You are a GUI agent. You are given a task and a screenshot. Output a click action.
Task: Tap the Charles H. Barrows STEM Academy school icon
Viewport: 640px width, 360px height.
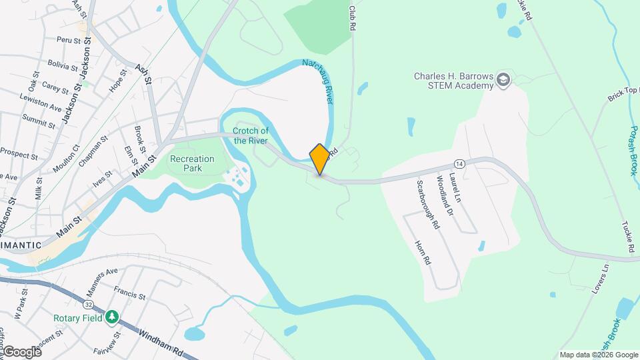[x=503, y=81]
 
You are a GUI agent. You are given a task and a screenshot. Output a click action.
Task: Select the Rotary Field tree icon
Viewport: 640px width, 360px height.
[x=113, y=317]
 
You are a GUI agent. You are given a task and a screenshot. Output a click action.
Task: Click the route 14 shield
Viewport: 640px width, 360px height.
[x=459, y=163]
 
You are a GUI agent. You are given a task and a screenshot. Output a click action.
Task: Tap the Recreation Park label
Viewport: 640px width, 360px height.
[x=192, y=163]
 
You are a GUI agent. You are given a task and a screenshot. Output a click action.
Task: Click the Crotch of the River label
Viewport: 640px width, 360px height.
[x=251, y=135]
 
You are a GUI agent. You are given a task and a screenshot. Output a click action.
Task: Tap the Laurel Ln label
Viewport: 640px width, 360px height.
[x=455, y=187]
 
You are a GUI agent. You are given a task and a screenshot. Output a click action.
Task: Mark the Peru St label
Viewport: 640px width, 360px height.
[x=69, y=41]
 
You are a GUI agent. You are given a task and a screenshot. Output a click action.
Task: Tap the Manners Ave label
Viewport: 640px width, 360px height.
[x=101, y=279]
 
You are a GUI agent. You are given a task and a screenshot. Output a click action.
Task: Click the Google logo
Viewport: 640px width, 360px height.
[x=22, y=351]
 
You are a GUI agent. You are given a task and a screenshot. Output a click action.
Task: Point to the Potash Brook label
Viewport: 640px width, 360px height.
[x=632, y=150]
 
